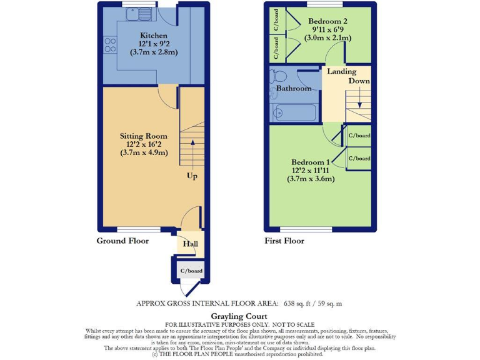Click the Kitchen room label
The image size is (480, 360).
click(153, 35)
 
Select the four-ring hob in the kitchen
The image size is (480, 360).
click(110, 45)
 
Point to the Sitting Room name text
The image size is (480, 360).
click(143, 136)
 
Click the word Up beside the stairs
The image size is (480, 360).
click(192, 176)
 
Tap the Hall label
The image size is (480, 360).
click(190, 244)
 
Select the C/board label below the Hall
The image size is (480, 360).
click(191, 271)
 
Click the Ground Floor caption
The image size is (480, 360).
click(122, 241)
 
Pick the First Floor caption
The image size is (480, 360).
click(284, 241)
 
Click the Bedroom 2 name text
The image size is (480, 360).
click(328, 21)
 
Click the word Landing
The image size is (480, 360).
click(342, 72)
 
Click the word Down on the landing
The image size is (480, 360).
click(359, 81)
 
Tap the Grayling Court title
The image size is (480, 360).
click(239, 316)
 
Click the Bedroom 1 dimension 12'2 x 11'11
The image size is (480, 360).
click(311, 170)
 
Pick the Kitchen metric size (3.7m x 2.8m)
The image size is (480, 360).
click(154, 52)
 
